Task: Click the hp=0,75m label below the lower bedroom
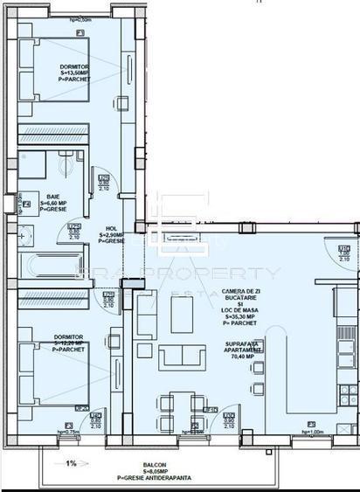click(69, 432)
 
